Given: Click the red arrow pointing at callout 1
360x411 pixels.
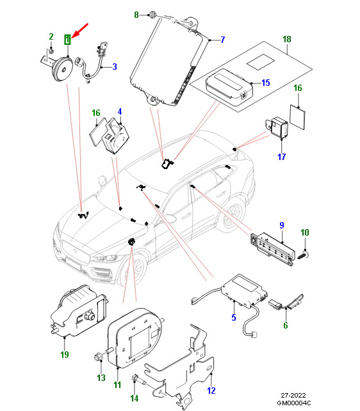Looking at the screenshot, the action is [79, 30].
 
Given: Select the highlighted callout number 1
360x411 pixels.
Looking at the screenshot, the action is [68, 40].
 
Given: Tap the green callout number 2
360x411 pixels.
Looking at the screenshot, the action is [51, 36].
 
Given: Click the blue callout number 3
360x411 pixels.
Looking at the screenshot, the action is [115, 67].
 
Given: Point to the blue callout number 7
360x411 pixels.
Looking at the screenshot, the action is [223, 40].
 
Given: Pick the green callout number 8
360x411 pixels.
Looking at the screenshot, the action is [136, 15].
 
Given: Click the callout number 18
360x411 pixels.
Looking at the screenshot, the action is [287, 39].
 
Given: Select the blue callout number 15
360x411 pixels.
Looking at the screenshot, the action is [266, 83].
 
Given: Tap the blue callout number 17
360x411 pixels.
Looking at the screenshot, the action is [282, 157].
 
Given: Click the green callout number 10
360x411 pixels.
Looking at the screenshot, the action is [305, 232].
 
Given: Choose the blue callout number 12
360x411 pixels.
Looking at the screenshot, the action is [211, 391].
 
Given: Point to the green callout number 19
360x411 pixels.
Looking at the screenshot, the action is [65, 355].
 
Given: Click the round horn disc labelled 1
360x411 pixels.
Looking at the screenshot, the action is [63, 69].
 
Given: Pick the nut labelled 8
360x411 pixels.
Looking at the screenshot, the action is [152, 15].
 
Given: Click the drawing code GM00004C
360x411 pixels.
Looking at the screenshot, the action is [294, 403].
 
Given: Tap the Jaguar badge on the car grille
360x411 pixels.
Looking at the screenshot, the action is [75, 251].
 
